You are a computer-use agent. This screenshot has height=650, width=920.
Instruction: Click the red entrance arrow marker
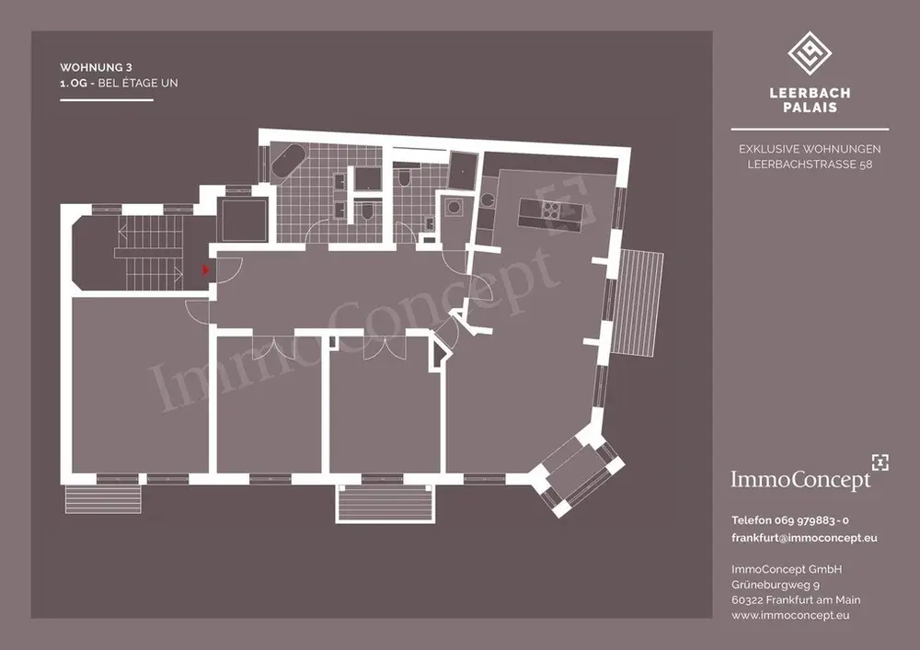[205, 270]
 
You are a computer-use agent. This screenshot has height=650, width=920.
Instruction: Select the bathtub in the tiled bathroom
[286, 163]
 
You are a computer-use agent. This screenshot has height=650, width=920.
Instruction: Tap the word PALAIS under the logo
[810, 108]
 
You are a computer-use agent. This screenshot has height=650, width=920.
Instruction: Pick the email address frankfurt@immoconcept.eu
[804, 538]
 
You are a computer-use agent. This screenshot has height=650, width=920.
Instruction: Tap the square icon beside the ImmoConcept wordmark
[880, 462]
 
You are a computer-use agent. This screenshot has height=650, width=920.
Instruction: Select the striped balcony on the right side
[637, 302]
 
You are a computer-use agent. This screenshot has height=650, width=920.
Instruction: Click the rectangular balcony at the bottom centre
[385, 503]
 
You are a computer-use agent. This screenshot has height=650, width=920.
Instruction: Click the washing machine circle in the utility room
[453, 208]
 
